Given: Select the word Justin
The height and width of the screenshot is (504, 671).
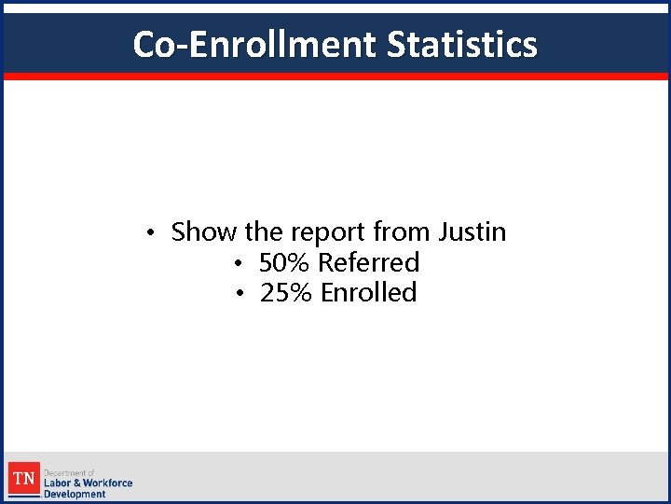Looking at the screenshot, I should coord(472,231).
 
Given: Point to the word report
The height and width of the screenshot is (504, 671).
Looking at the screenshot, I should coord(329,231).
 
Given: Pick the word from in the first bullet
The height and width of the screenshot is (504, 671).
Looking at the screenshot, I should coord(403,231).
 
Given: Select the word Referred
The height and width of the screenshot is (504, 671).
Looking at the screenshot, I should coord(369,262).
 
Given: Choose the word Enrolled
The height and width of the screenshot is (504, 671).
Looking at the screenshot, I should coord(369,293).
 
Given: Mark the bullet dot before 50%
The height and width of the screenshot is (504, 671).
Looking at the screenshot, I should coord(240,263).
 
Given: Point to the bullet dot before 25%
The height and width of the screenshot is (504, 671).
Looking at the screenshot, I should coord(240,294).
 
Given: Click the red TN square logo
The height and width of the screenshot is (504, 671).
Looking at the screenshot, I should coord(24,481).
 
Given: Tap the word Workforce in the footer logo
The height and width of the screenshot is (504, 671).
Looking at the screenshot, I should coord(108,483).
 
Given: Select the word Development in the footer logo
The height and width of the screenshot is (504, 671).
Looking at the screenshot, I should coord(75,494).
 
